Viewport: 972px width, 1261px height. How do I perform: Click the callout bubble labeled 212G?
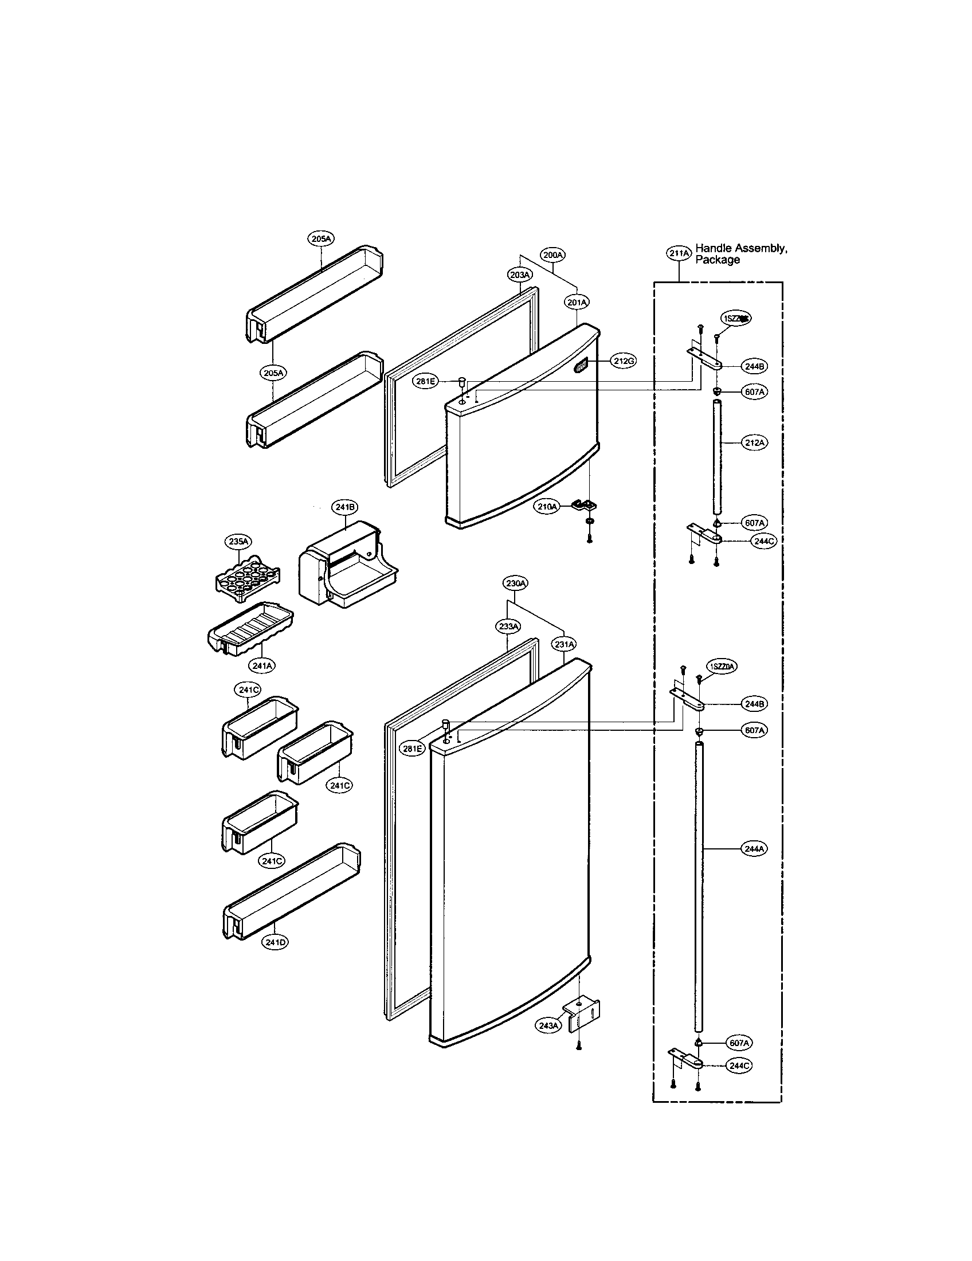click(624, 362)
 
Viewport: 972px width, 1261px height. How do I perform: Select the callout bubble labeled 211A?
click(679, 253)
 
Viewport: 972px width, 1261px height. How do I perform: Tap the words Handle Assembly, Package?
click(741, 254)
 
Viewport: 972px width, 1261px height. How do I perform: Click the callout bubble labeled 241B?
click(345, 507)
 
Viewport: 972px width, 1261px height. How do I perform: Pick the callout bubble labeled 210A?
click(547, 506)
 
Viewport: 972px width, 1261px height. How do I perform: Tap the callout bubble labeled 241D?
click(275, 943)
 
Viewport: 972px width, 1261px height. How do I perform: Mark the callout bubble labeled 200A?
click(553, 254)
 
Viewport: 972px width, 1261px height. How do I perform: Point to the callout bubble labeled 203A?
click(520, 275)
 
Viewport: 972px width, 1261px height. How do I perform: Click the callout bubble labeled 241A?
click(262, 665)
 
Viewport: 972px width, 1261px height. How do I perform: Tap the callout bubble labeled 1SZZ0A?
click(723, 667)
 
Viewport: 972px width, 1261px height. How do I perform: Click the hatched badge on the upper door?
click(581, 366)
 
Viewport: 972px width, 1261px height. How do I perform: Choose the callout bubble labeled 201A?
click(577, 301)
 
